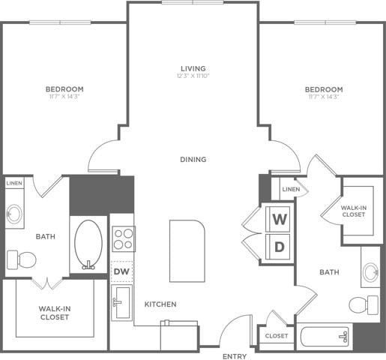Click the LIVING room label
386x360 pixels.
(193, 69)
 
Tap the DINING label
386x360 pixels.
(193, 159)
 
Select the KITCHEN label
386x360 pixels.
(160, 304)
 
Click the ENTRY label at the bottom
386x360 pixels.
(235, 355)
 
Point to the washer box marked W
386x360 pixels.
(280, 220)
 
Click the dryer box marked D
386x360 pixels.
(280, 246)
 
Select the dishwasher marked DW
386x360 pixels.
(122, 271)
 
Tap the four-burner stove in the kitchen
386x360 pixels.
(123, 239)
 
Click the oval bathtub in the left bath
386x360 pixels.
(89, 244)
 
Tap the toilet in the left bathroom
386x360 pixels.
(22, 259)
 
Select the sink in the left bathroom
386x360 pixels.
(14, 214)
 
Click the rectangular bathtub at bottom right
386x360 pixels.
(325, 336)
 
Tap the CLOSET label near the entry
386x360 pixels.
(276, 336)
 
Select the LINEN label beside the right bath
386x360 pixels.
(291, 190)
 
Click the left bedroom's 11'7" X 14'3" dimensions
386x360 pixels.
(64, 97)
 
